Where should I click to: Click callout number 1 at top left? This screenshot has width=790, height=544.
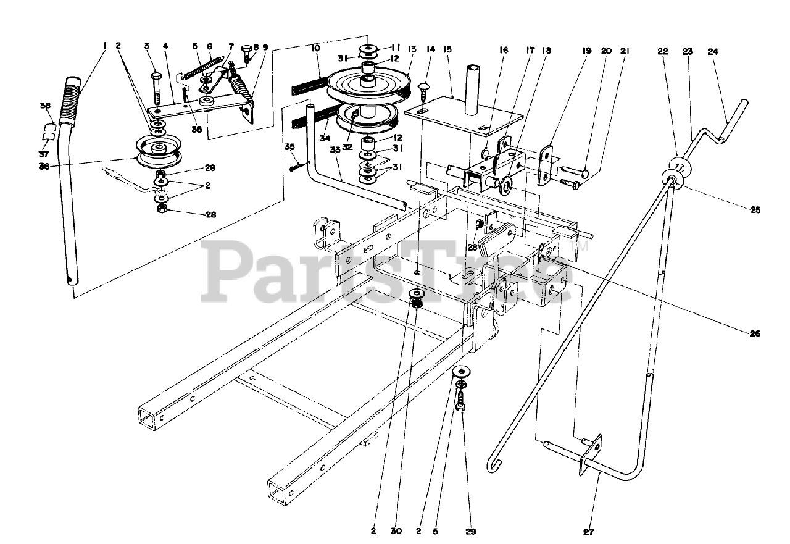click(105, 45)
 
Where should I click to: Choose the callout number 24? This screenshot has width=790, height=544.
click(712, 52)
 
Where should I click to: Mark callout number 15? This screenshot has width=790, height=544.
click(447, 49)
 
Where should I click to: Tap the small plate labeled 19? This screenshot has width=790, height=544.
click(546, 165)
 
